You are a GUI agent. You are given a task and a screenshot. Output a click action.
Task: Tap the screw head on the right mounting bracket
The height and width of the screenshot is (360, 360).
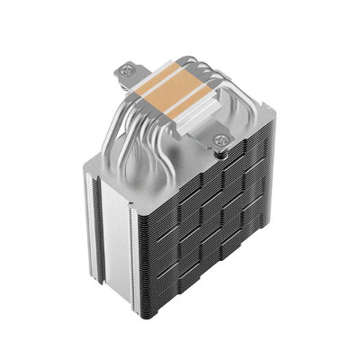(221, 139)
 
